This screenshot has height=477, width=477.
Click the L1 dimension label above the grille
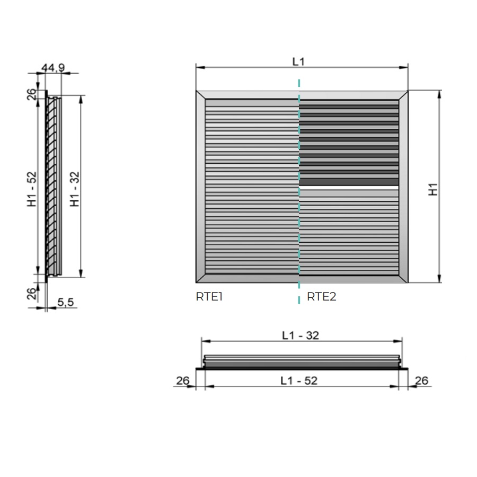298,62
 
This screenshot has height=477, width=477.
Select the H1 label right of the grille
433,189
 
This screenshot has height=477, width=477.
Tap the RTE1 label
209,297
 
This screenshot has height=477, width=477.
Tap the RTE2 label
322,297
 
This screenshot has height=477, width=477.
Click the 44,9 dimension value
53,67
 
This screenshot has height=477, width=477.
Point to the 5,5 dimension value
66,302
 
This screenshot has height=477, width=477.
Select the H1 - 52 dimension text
32,189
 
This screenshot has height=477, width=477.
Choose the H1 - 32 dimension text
75,189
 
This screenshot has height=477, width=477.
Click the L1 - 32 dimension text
301,335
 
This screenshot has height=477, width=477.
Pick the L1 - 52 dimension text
299,381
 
